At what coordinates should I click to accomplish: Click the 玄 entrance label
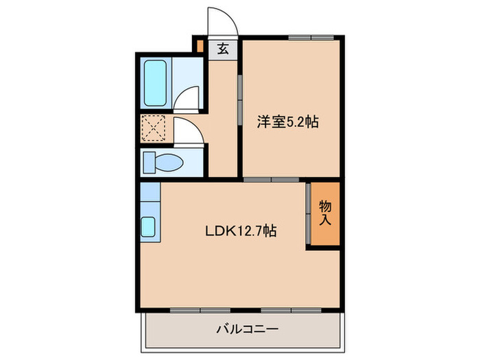coord(223,49)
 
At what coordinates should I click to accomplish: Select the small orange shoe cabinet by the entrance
coord(199,47)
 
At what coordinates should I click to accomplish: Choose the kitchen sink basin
coord(149,226)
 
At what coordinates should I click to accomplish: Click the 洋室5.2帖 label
coord(287,122)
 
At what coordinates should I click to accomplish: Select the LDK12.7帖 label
coord(241,231)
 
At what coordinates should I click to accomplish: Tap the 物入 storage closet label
coord(325,213)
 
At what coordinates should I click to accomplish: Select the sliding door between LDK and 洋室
coord(271,180)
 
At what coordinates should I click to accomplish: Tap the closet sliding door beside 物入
coord(309,213)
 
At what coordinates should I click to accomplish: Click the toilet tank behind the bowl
coord(148,163)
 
